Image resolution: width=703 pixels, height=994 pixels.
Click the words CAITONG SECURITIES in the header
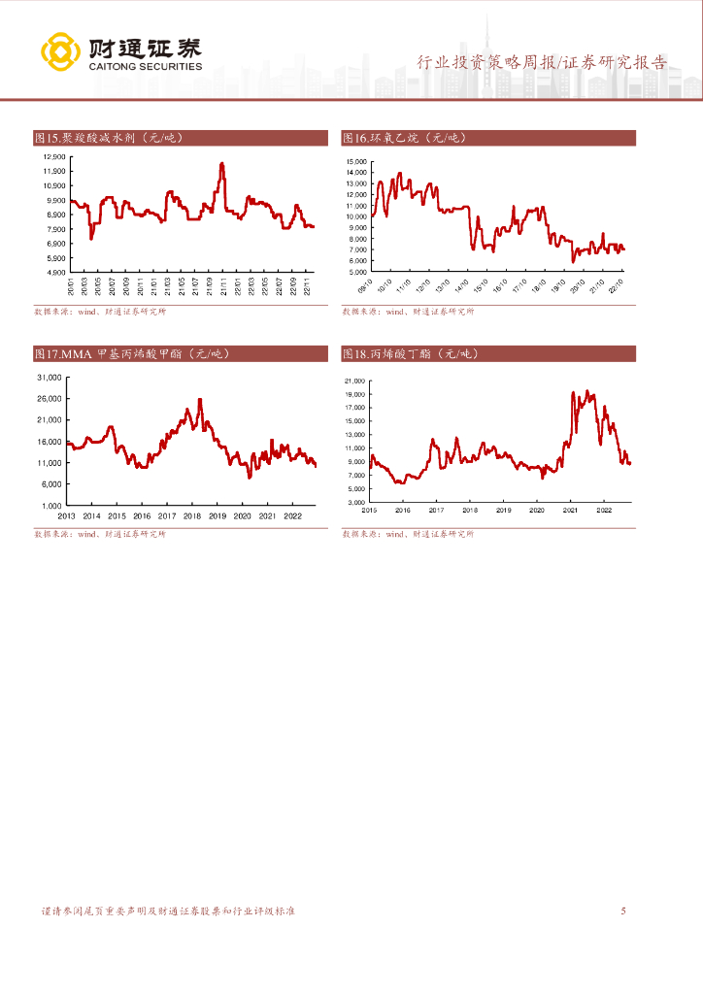point(145,67)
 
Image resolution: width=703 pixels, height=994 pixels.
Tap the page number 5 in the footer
point(623,911)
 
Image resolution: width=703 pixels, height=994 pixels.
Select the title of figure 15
point(108,138)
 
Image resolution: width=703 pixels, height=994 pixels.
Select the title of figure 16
point(405,138)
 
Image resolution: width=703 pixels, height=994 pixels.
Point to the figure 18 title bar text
point(409,354)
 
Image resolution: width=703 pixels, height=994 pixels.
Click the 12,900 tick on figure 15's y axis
point(53,156)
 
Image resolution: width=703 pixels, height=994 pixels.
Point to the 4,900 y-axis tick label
point(55,273)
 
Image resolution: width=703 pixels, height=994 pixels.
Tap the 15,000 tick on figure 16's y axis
point(354,161)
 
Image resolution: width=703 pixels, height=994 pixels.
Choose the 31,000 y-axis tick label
point(49,377)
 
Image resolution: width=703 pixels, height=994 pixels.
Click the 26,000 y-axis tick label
point(49,398)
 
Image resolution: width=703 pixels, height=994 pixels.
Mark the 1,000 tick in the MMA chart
point(50,506)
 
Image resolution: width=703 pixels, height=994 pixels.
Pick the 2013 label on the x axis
point(67,516)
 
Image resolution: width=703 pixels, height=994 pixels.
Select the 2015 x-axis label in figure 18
point(370,510)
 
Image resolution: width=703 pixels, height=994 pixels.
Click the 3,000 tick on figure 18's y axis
point(354,502)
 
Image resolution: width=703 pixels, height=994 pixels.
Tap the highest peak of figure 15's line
point(222,164)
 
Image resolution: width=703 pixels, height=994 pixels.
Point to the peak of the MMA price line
point(200,399)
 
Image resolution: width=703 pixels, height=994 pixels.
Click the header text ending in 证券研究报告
point(542,63)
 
